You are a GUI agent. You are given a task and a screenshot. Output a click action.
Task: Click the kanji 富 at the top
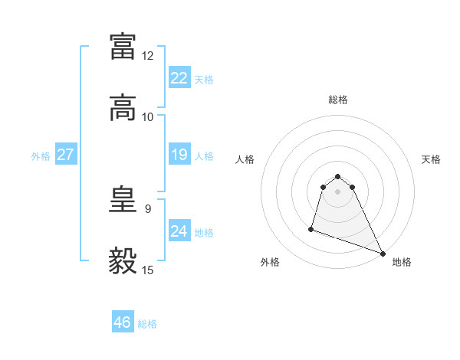click(x=123, y=46)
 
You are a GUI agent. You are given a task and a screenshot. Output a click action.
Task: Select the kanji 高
click(x=123, y=108)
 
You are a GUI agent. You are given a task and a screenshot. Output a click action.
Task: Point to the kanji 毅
click(x=123, y=260)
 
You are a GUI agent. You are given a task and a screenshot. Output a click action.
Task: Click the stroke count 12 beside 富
click(x=148, y=56)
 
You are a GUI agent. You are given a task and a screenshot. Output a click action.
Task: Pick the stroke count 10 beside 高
click(x=148, y=117)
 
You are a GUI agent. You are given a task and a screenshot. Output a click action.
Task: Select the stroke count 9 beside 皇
click(x=148, y=208)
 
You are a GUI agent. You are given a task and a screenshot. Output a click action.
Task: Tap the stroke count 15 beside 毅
click(x=148, y=270)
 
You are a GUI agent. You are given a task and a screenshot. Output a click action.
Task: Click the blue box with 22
click(x=179, y=78)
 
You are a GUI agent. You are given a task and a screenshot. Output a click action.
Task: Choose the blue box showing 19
click(x=179, y=155)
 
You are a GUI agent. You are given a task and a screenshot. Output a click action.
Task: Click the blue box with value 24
click(x=179, y=231)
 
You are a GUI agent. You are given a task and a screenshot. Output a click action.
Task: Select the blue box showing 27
click(x=66, y=155)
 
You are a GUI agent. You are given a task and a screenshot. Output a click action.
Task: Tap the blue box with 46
click(x=123, y=322)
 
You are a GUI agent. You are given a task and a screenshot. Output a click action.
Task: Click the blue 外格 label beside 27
click(x=41, y=155)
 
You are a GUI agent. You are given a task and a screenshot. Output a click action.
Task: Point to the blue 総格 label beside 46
click(x=147, y=324)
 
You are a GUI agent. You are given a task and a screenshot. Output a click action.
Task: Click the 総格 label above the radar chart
click(x=338, y=100)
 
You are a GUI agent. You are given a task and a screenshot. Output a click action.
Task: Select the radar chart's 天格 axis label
click(x=431, y=159)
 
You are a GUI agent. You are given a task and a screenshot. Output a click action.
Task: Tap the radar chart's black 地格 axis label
click(x=402, y=262)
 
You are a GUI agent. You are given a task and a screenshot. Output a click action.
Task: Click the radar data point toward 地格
click(x=382, y=254)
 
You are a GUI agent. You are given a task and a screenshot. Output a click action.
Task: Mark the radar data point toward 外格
click(x=311, y=228)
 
